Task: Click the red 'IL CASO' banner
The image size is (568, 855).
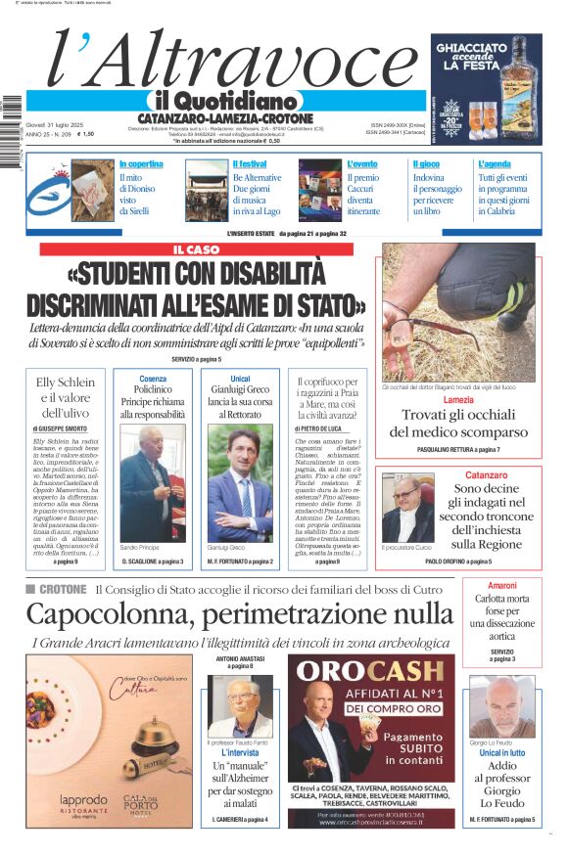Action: click(x=196, y=249)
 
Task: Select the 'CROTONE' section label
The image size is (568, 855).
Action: click(x=63, y=589)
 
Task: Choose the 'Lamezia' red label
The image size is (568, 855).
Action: click(x=458, y=400)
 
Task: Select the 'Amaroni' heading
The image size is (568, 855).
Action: click(x=501, y=585)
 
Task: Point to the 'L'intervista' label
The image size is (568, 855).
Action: click(x=239, y=753)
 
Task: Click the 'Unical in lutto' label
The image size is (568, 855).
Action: click(x=501, y=753)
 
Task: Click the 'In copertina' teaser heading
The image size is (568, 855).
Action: click(x=141, y=164)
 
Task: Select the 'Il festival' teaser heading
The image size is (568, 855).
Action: click(x=250, y=164)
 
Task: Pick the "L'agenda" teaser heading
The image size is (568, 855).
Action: click(x=495, y=164)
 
